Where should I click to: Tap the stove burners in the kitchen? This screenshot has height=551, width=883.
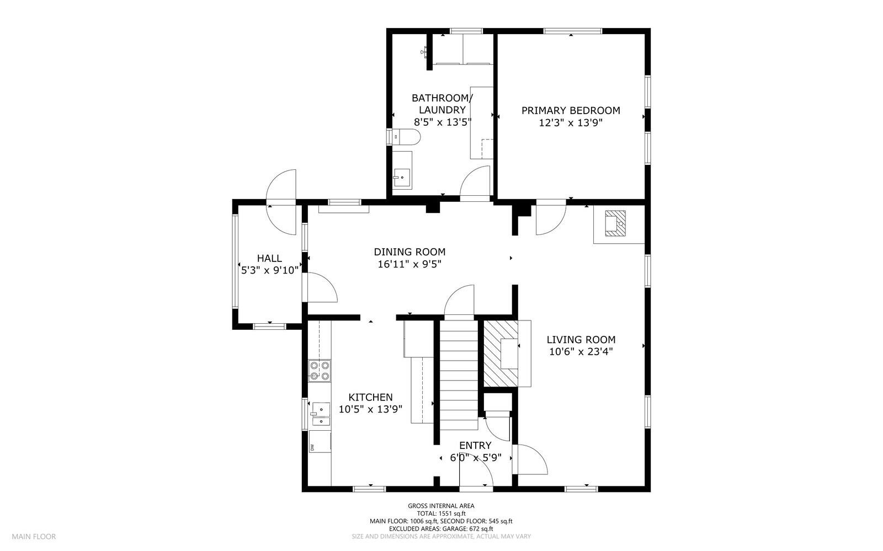[320, 371]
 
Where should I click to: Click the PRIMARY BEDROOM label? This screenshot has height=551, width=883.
[571, 110]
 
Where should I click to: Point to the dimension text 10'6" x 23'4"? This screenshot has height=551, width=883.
[581, 351]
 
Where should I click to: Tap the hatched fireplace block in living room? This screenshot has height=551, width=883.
[500, 354]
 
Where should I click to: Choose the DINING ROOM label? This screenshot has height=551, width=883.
[409, 252]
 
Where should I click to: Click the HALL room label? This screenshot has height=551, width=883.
[269, 258]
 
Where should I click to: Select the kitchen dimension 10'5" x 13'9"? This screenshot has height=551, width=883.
[370, 409]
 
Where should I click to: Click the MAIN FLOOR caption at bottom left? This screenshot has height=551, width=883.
[34, 536]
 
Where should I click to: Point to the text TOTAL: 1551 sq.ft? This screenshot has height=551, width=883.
[441, 513]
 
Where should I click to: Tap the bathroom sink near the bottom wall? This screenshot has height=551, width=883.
[402, 178]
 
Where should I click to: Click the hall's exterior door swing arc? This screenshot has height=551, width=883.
[281, 185]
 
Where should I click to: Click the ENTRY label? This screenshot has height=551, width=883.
[475, 446]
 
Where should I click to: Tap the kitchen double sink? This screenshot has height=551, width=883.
[320, 415]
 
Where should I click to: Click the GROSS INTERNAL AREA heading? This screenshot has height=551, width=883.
[441, 505]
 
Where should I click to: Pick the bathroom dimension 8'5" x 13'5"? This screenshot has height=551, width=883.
[442, 122]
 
